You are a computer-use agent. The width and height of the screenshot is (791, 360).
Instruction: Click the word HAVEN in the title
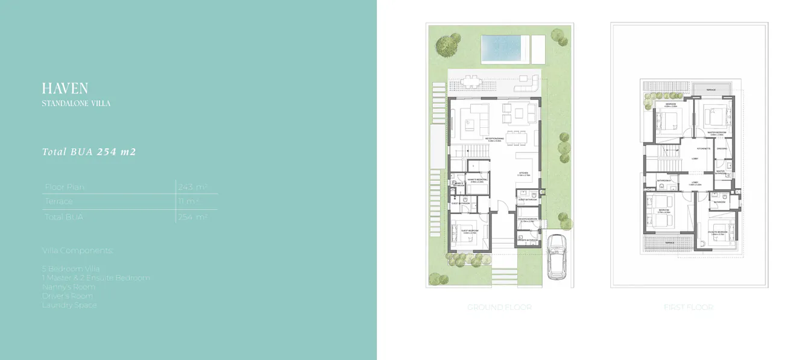coord(65,89)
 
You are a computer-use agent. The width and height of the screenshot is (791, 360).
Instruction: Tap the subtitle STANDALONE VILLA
coord(76,104)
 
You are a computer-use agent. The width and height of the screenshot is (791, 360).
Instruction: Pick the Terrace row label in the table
coord(58,201)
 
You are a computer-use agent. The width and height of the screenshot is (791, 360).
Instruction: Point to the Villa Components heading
coord(78,250)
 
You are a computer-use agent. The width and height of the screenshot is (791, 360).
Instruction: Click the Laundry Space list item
coord(69,305)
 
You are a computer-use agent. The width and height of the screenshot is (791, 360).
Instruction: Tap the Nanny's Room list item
coord(69,287)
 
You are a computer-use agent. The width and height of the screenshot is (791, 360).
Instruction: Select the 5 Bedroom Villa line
coord(71,268)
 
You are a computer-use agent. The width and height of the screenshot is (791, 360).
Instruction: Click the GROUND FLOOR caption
coord(499,308)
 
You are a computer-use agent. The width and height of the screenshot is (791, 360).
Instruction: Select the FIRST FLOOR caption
coord(688,308)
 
